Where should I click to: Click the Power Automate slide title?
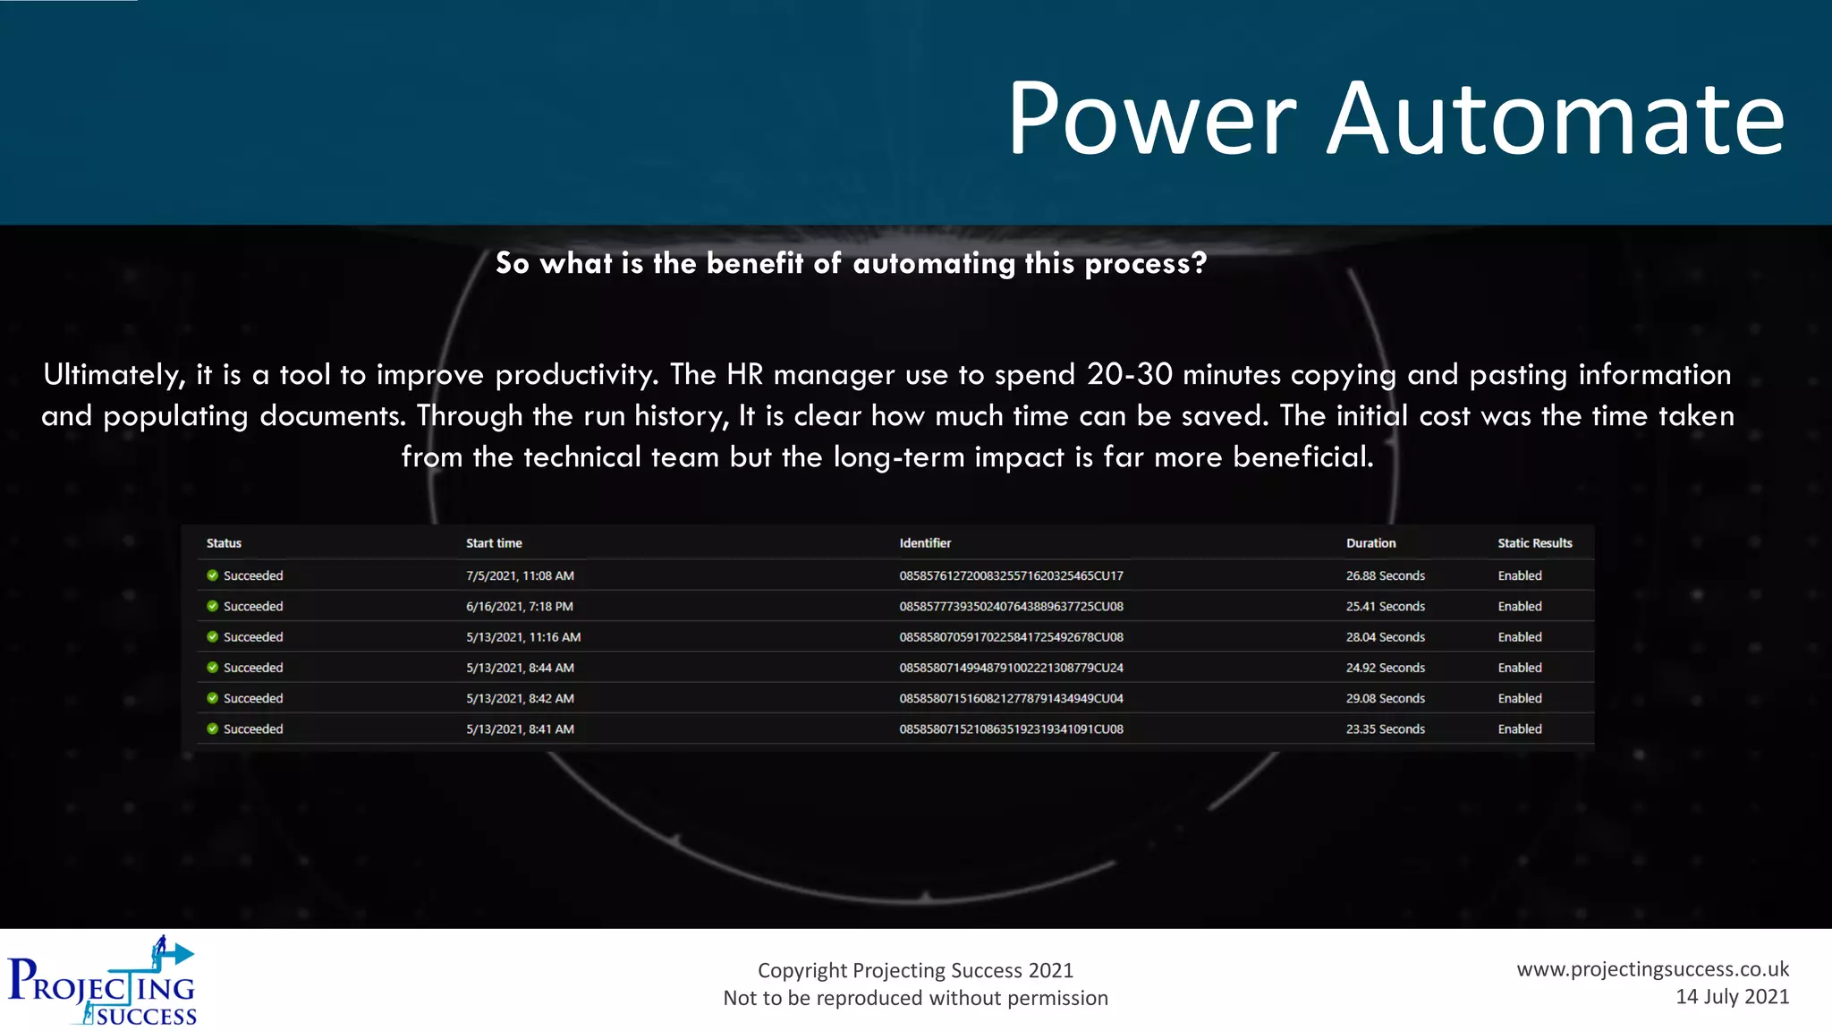(1395, 118)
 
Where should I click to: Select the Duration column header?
(1370, 543)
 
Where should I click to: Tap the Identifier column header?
(925, 543)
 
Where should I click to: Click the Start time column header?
(494, 543)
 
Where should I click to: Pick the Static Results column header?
(1534, 543)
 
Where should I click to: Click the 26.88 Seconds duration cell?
(1385, 575)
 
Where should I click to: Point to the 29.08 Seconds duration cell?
(1385, 698)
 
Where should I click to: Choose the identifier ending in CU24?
(1011, 668)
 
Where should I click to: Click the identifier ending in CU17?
(1011, 575)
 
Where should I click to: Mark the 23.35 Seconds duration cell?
(1385, 729)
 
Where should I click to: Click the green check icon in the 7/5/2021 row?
(213, 575)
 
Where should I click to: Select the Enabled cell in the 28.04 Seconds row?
(1520, 637)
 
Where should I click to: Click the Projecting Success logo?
(102, 982)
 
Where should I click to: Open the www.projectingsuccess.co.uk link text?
(1652, 969)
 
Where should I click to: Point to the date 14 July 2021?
(1732, 997)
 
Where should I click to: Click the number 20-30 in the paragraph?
(1129, 374)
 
